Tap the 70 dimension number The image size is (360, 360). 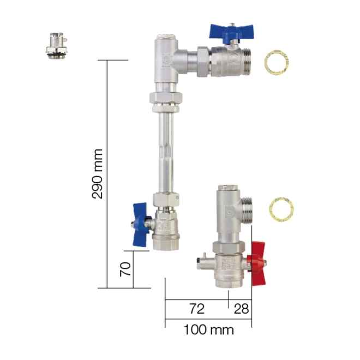click(125, 269)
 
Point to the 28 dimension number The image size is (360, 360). click(241, 309)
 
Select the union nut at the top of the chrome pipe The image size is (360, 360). click(165, 101)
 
